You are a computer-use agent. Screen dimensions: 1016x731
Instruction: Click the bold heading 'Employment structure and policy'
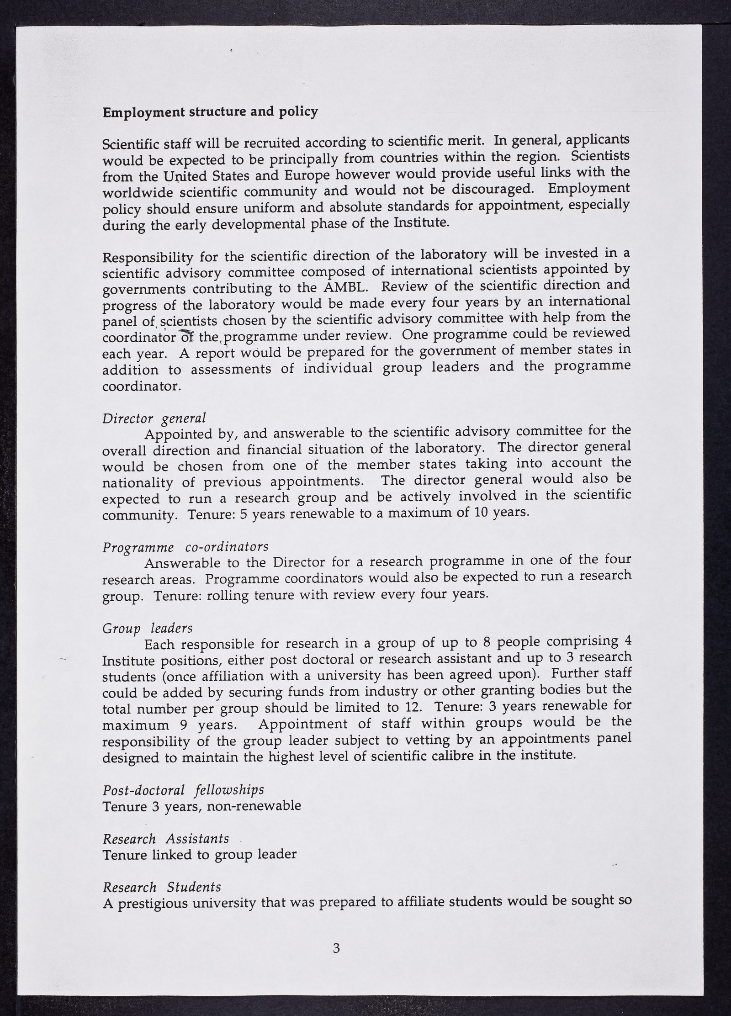[x=210, y=112]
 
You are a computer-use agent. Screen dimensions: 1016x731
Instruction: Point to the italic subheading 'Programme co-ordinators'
[x=185, y=547]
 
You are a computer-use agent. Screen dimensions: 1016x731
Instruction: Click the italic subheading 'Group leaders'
[x=147, y=629]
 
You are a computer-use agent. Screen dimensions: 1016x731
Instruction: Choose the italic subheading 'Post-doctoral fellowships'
[x=183, y=790]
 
